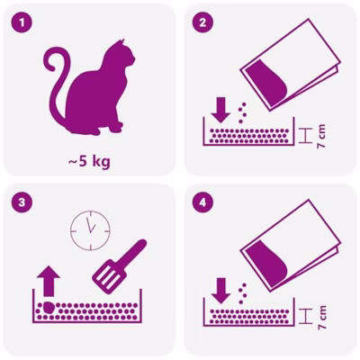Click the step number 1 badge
(22, 22)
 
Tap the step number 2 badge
(202, 22)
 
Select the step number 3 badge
(22, 202)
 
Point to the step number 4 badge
(202, 202)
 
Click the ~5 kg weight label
(89, 162)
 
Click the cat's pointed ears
(120, 43)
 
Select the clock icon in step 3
(90, 230)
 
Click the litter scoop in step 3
(120, 266)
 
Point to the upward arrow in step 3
(49, 281)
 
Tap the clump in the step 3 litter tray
(48, 308)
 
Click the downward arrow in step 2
(220, 110)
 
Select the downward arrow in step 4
(221, 291)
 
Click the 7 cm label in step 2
(321, 137)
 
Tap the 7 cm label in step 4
(322, 318)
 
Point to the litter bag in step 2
(291, 65)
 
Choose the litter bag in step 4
(291, 245)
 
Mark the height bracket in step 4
(305, 316)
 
